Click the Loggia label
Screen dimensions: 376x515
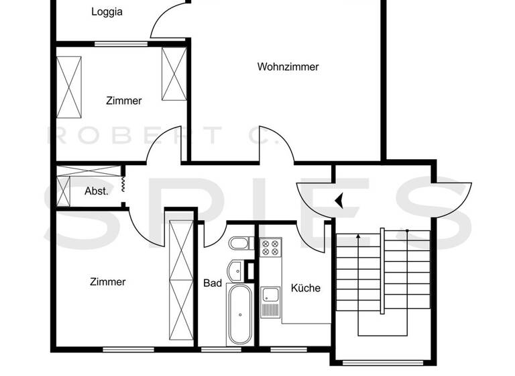[x=107, y=11]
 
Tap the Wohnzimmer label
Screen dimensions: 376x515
[x=288, y=66]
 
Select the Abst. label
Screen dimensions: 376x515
[x=97, y=191]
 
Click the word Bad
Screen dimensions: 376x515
[x=213, y=283]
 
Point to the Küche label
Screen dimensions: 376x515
[x=305, y=287]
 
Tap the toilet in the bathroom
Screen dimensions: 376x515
[x=239, y=243]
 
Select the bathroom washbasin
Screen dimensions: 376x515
[x=235, y=271]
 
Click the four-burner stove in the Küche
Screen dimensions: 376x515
[x=270, y=248]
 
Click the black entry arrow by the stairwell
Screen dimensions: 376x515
[x=339, y=199]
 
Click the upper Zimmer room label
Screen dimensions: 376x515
[x=124, y=101]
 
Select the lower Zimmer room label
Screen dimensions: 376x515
[x=107, y=282]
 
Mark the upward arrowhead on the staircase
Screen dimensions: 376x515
[x=358, y=236]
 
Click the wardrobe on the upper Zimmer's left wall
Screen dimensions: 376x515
[x=69, y=87]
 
